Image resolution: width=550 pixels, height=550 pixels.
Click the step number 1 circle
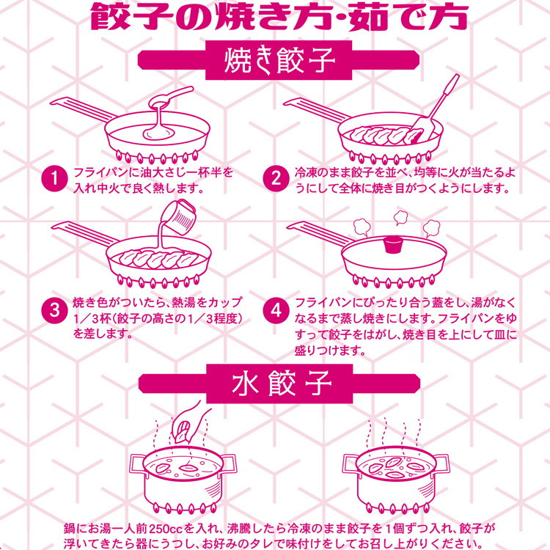[x=54, y=179]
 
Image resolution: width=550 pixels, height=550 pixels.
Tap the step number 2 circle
[x=276, y=179]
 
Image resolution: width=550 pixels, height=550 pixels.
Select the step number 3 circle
[x=54, y=310]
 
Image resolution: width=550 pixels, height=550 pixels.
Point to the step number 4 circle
[x=276, y=310]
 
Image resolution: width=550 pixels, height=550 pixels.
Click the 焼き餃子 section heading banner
[x=279, y=60]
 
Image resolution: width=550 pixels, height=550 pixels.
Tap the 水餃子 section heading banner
[x=279, y=384]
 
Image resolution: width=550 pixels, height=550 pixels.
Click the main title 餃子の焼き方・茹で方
[x=279, y=16]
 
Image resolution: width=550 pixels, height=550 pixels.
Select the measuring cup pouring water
[x=179, y=215]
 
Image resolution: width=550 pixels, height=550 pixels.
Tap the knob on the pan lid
[x=393, y=244]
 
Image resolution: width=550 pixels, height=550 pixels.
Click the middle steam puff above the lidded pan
[x=400, y=218]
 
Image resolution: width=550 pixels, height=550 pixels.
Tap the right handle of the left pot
[x=229, y=463]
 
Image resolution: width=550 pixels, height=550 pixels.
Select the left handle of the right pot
[x=351, y=463]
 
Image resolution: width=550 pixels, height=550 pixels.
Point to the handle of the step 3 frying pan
[x=85, y=233]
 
